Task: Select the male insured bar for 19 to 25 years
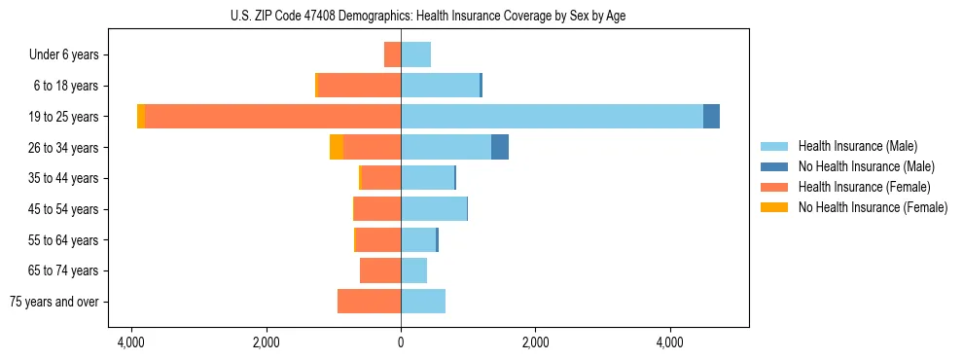click(552, 116)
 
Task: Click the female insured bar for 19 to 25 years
click(272, 116)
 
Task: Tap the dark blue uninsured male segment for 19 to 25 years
click(711, 116)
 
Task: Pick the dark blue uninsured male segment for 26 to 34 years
click(500, 147)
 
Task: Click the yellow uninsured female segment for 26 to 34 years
click(337, 147)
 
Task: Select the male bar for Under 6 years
click(416, 54)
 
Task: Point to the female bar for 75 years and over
click(369, 302)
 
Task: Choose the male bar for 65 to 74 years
click(414, 270)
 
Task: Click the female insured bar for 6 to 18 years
click(360, 86)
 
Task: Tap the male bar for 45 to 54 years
click(434, 208)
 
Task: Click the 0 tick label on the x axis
click(401, 342)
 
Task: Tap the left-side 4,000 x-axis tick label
click(130, 342)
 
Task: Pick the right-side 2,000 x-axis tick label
click(536, 342)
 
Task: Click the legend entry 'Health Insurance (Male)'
click(857, 146)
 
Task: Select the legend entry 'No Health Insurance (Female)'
click(873, 207)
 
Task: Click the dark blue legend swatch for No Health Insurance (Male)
click(775, 166)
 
